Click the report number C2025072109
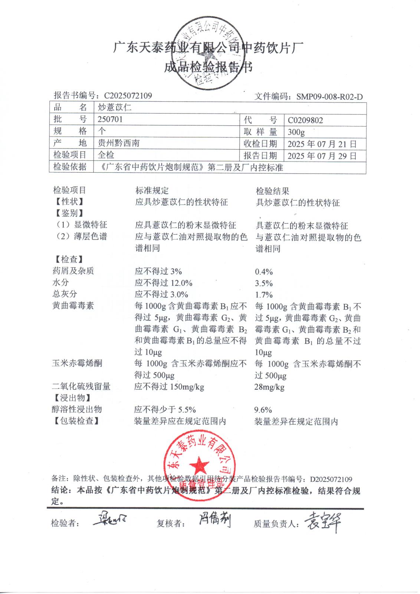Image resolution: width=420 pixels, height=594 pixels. pos(128,96)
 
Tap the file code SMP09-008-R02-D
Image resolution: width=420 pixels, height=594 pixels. pos(329,97)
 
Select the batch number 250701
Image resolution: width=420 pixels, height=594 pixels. pos(110,120)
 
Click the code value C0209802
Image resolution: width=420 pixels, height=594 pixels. pos(305,120)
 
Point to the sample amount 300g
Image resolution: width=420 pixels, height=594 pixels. pos(296,132)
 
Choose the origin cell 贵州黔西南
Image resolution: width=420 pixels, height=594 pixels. pos(118,143)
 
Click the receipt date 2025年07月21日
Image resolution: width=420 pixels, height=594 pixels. pos(322,144)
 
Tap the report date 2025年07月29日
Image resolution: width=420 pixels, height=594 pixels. pos(322,156)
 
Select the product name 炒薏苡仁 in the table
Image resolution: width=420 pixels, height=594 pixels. pos(115,108)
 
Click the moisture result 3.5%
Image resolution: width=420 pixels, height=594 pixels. pos(264,283)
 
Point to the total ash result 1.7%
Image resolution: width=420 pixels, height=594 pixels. pos(264,295)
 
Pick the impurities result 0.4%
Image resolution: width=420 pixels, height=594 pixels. pos(264,272)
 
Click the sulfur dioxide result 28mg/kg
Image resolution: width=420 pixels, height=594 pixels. pos(269,387)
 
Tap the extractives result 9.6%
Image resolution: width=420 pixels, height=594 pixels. pos(263,410)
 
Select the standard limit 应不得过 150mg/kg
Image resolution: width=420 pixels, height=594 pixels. pos(169,387)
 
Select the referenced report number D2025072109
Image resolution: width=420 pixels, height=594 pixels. pos(331,479)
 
